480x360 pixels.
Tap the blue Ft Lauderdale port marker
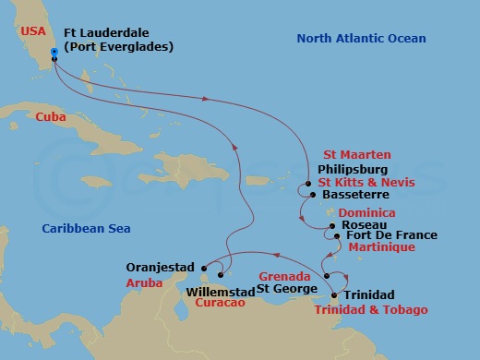coord(54,53)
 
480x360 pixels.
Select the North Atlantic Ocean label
coord(361,38)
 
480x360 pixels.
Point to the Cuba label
coord(51,117)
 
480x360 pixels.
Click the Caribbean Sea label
coord(86,228)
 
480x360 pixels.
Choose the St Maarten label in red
coord(356,154)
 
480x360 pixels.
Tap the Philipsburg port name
coord(352,170)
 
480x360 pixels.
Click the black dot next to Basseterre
coord(313,195)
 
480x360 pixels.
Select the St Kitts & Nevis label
coord(366,183)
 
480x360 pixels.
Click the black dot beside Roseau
coord(332,225)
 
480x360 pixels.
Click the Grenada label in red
coord(278,276)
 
